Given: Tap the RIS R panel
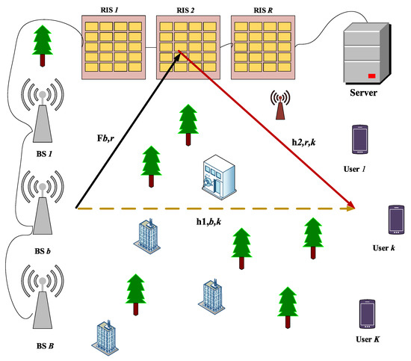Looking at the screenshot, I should [x=261, y=46].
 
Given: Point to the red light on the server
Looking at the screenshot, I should [x=371, y=75].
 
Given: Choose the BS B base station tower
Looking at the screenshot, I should [x=45, y=295].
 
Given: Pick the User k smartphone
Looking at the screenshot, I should [x=395, y=219].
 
